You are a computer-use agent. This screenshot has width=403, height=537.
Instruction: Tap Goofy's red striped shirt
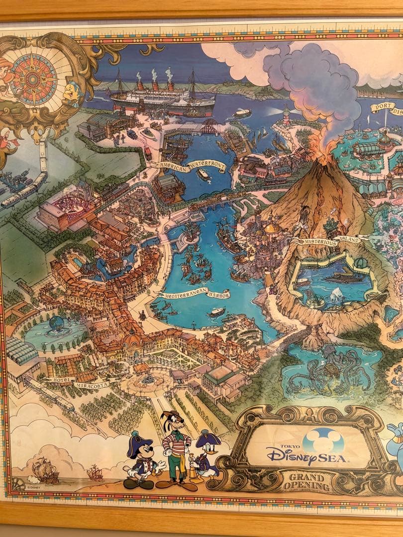[x=177, y=443]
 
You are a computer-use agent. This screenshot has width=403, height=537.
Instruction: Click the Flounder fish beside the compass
[x=72, y=91]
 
